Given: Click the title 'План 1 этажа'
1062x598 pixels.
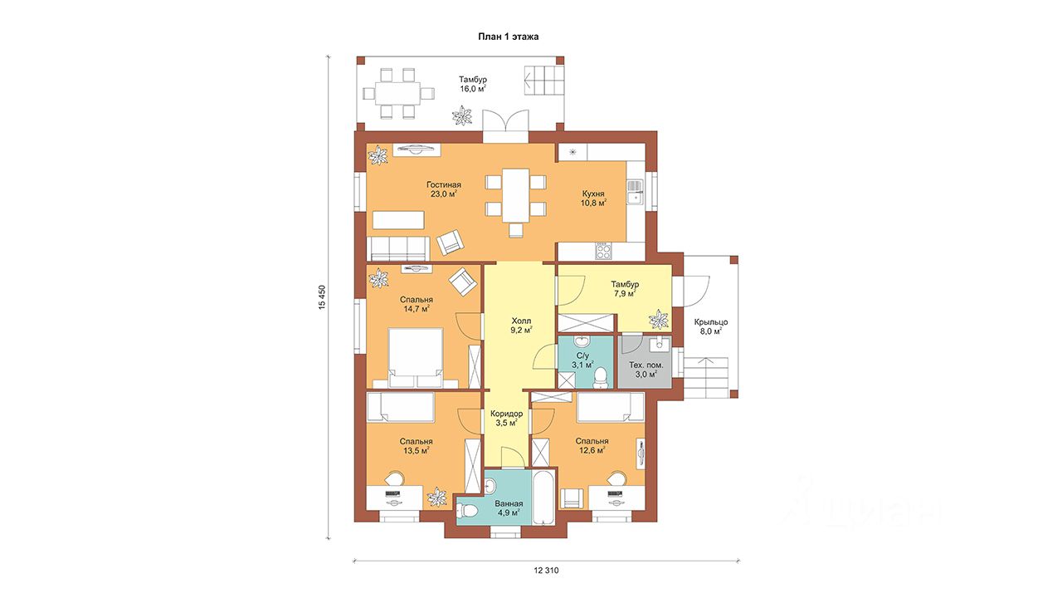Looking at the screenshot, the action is tap(508, 37).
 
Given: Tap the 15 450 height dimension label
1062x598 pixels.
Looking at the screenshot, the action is tap(323, 297).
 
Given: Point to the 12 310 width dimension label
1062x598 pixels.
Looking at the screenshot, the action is tap(546, 571).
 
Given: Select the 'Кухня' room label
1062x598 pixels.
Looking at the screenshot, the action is tap(593, 194).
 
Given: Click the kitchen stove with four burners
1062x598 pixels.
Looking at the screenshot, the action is tap(603, 251).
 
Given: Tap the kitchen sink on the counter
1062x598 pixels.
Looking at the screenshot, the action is tap(634, 192).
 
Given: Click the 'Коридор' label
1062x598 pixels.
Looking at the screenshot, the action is tap(506, 414).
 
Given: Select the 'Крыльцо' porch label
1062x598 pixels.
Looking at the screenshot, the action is tap(711, 321).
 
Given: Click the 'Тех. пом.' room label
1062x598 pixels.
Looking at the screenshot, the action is tap(645, 365).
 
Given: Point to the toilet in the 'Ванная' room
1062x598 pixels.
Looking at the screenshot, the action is tap(467, 512).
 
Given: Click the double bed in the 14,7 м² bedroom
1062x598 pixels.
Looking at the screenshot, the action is tap(416, 358).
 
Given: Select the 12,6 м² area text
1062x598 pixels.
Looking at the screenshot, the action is tap(592, 450).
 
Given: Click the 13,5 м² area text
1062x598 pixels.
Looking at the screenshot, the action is tap(417, 450).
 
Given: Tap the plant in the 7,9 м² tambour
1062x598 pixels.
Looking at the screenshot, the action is tap(659, 319).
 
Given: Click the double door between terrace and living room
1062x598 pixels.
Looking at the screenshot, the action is tap(505, 125).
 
